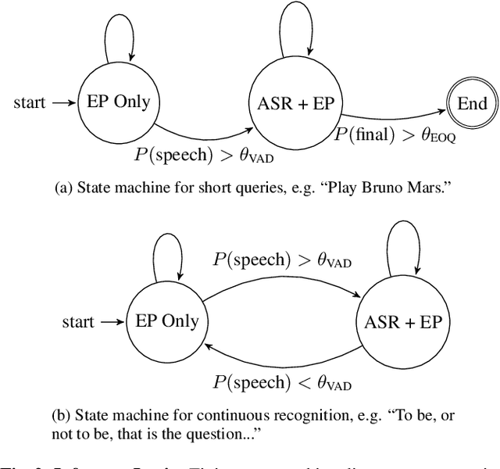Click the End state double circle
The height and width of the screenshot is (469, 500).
pos(472,103)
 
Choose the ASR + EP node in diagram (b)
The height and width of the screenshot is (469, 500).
pos(403,321)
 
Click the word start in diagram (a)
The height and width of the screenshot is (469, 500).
pos(29,103)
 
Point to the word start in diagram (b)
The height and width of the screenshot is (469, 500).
pos(78,322)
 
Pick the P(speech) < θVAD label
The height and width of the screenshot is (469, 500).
pos(282,383)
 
